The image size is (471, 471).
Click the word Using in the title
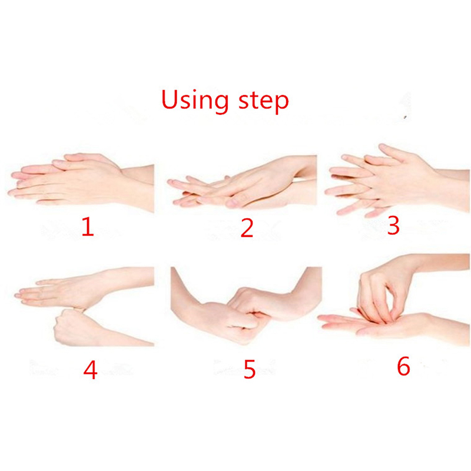(x=195, y=101)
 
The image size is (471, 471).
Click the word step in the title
(x=263, y=101)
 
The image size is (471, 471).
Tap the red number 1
(x=88, y=227)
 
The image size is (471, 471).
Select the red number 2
(x=247, y=228)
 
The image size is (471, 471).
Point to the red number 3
(x=393, y=225)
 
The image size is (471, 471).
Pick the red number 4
(x=90, y=370)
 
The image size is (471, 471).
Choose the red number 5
(x=249, y=369)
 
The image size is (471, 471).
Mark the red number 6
(x=403, y=366)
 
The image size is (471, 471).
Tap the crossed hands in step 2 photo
(x=240, y=186)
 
